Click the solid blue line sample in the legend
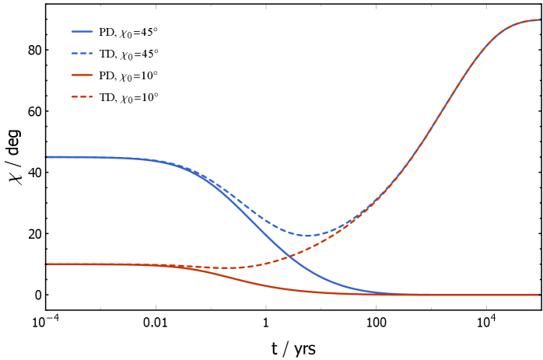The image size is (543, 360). click(x=82, y=32)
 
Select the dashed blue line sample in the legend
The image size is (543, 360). click(x=82, y=54)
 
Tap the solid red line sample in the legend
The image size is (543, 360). click(x=82, y=75)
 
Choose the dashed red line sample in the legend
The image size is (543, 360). click(x=82, y=97)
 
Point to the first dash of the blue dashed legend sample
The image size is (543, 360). click(x=74, y=54)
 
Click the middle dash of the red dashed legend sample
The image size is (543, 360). click(x=82, y=97)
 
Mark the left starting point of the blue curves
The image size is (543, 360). click(x=47, y=157)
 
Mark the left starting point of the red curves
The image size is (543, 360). click(x=47, y=264)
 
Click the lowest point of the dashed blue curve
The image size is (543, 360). click(x=307, y=236)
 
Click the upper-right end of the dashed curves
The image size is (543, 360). click(x=538, y=20)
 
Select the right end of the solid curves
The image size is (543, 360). click(x=538, y=295)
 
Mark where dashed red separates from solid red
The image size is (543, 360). click(x=183, y=267)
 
